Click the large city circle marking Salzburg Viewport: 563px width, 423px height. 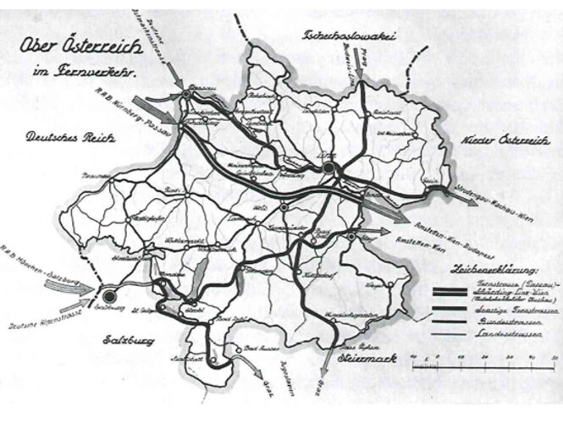pos(108,296)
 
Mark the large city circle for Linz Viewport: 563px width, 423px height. pos(328,169)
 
